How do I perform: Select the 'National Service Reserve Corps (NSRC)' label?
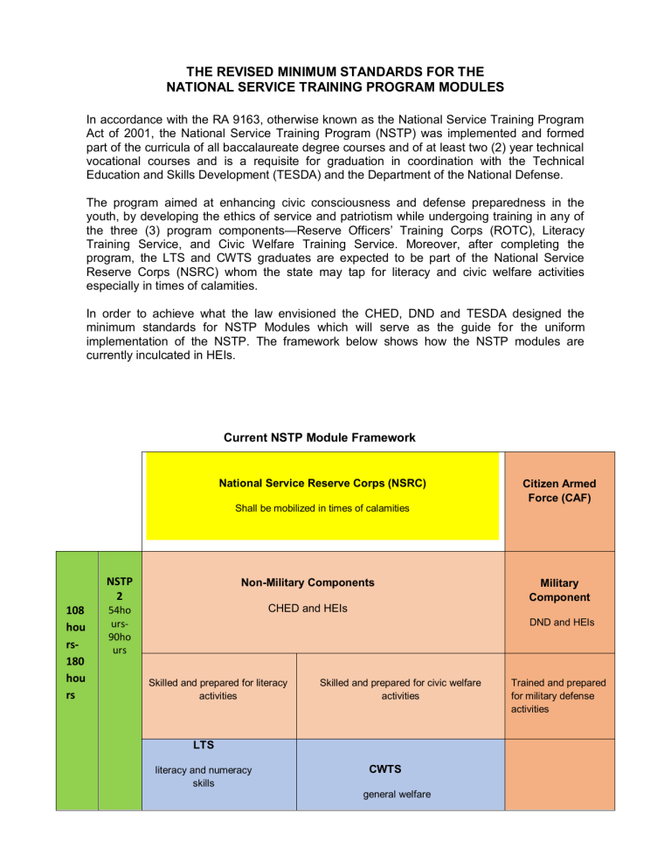322,482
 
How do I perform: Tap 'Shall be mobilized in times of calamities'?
322,508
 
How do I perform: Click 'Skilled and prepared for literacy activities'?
218,688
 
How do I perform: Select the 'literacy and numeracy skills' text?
204,776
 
